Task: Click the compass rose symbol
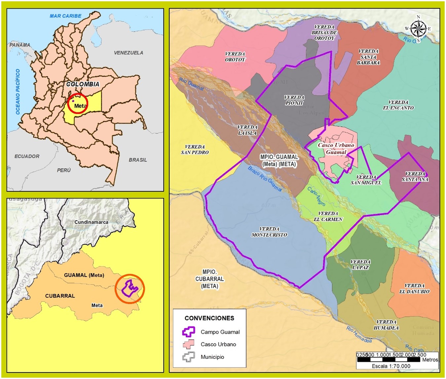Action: [418, 29]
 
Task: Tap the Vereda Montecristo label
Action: [269, 232]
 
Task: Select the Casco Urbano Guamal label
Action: [336, 149]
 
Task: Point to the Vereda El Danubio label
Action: [414, 289]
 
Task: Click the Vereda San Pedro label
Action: [195, 150]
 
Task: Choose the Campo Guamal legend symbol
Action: [188, 332]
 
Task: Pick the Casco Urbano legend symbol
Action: [188, 344]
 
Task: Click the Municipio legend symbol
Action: [188, 357]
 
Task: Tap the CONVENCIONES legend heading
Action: [209, 318]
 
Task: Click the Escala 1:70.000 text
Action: [391, 366]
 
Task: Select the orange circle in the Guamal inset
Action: [130, 289]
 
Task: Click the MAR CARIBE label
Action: [65, 16]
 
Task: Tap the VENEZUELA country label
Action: [129, 53]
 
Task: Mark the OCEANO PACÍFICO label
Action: [18, 92]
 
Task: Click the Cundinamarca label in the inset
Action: [91, 222]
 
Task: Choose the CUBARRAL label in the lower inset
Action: [60, 296]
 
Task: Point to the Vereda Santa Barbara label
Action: [368, 57]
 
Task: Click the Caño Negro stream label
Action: [316, 196]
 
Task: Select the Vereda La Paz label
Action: [360, 264]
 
